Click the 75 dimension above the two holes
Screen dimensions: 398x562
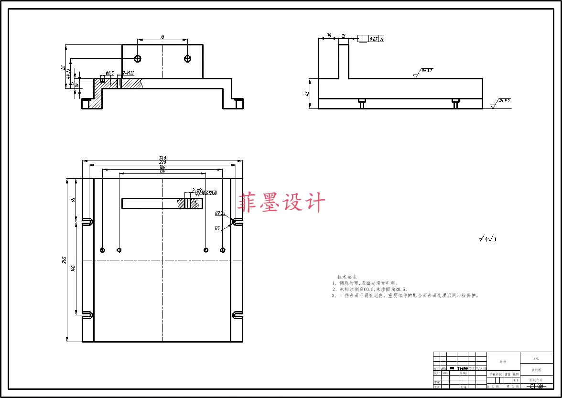162,37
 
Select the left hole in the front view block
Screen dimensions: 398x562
138,58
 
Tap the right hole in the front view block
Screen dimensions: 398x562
187,58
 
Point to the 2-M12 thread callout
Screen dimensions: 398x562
128,73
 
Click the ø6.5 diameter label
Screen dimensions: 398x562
109,73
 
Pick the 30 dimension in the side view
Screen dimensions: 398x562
329,36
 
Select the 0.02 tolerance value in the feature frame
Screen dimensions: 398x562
373,39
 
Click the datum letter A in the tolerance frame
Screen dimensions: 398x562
382,39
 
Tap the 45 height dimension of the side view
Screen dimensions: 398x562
307,94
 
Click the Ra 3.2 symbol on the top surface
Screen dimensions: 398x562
426,71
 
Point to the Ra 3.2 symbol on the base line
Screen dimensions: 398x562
504,101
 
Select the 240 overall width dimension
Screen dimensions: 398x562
162,159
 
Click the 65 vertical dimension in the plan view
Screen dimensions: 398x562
73,200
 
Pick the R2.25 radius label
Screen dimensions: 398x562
220,213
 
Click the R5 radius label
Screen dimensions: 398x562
217,228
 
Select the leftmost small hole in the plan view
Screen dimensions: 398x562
103,250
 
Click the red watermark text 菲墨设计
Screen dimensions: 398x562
282,203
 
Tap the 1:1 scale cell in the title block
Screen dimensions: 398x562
515,380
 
